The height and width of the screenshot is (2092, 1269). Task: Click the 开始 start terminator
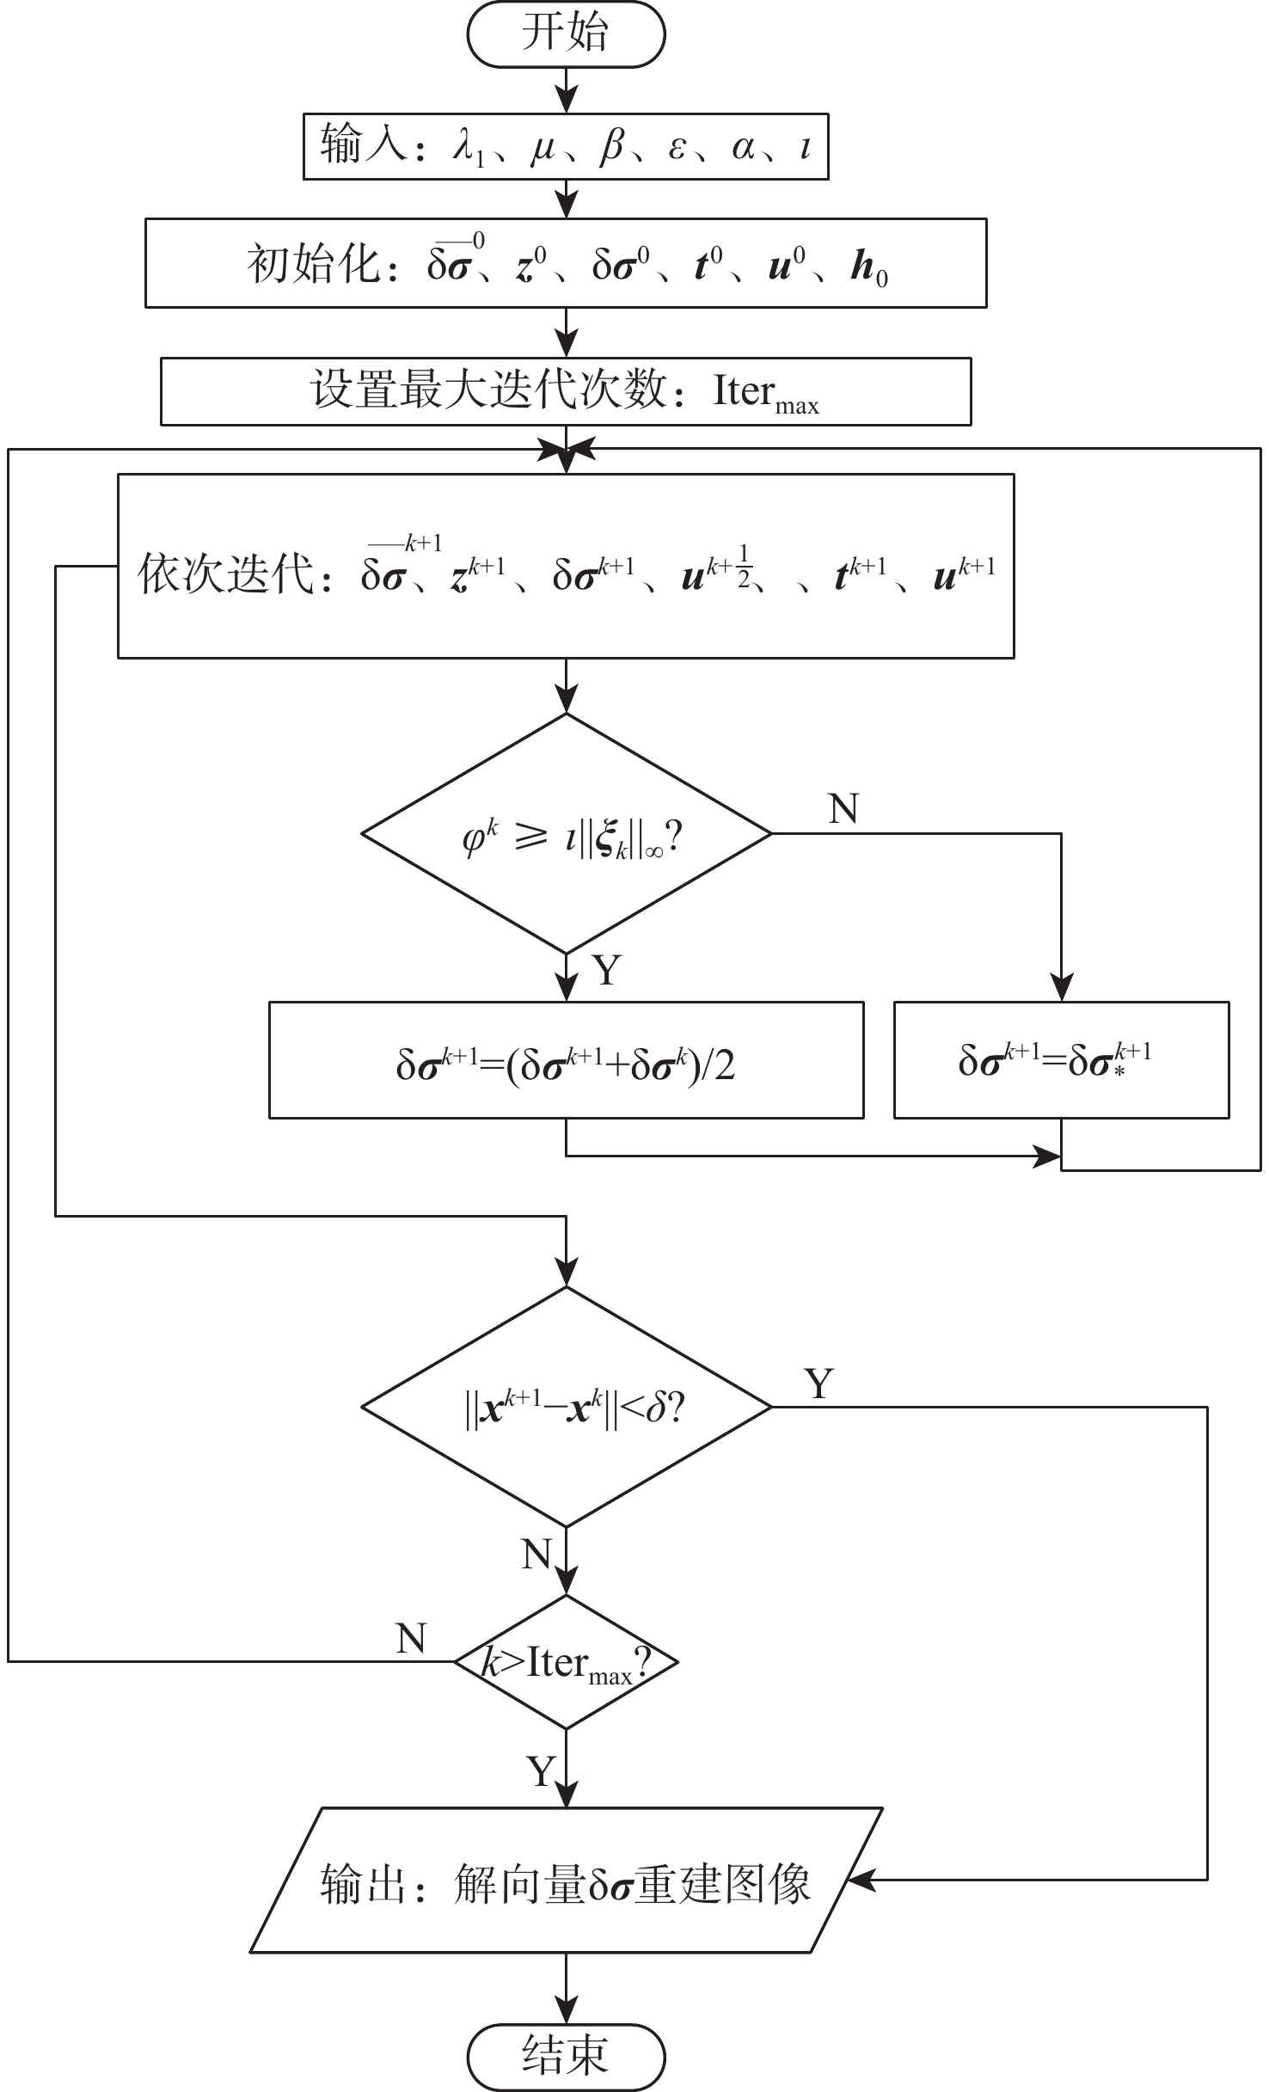(x=566, y=34)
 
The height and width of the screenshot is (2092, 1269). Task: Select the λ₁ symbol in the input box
(x=469, y=148)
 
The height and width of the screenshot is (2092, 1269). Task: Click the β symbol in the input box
(x=612, y=147)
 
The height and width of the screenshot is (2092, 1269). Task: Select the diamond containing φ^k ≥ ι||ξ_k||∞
(x=566, y=834)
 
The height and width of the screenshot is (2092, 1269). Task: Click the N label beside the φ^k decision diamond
(x=843, y=809)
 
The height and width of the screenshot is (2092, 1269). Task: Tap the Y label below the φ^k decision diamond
(x=607, y=971)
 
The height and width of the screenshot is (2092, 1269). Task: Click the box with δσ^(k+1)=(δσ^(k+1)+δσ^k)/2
(x=566, y=1060)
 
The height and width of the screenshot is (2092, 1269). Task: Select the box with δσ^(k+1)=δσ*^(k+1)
(x=1061, y=1060)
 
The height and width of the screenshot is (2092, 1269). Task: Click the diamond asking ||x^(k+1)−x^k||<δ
(x=566, y=1407)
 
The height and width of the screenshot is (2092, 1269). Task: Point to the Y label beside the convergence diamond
(x=818, y=1383)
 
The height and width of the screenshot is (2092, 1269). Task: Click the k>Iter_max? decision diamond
(x=566, y=1661)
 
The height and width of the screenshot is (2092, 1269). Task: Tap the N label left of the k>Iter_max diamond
(x=411, y=1639)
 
